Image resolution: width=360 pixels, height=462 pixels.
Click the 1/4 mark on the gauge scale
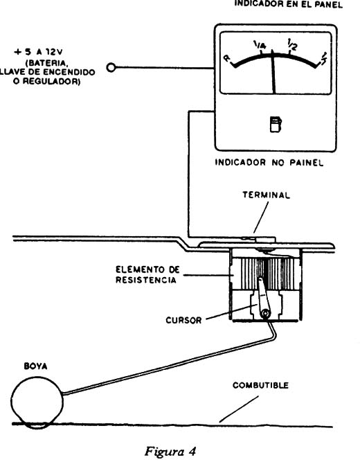click(x=260, y=46)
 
